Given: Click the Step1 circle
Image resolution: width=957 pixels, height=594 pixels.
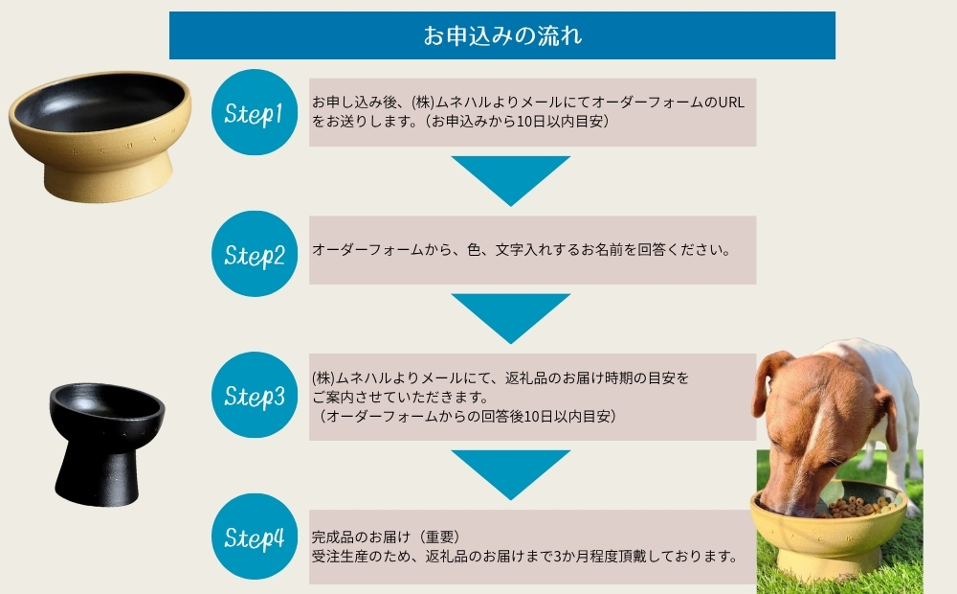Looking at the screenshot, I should [254, 112].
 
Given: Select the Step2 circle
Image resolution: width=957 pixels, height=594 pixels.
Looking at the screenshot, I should [254, 254].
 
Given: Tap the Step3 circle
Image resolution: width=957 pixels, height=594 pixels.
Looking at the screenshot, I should [254, 395].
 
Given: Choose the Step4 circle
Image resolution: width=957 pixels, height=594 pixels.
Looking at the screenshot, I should [254, 537].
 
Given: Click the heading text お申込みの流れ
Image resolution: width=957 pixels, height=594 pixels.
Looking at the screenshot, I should [502, 36].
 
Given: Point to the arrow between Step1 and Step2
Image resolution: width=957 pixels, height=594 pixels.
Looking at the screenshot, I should [510, 179].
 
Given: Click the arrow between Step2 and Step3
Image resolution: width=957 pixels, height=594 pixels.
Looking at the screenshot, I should [510, 317].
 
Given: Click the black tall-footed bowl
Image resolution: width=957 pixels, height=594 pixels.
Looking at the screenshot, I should [105, 436].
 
